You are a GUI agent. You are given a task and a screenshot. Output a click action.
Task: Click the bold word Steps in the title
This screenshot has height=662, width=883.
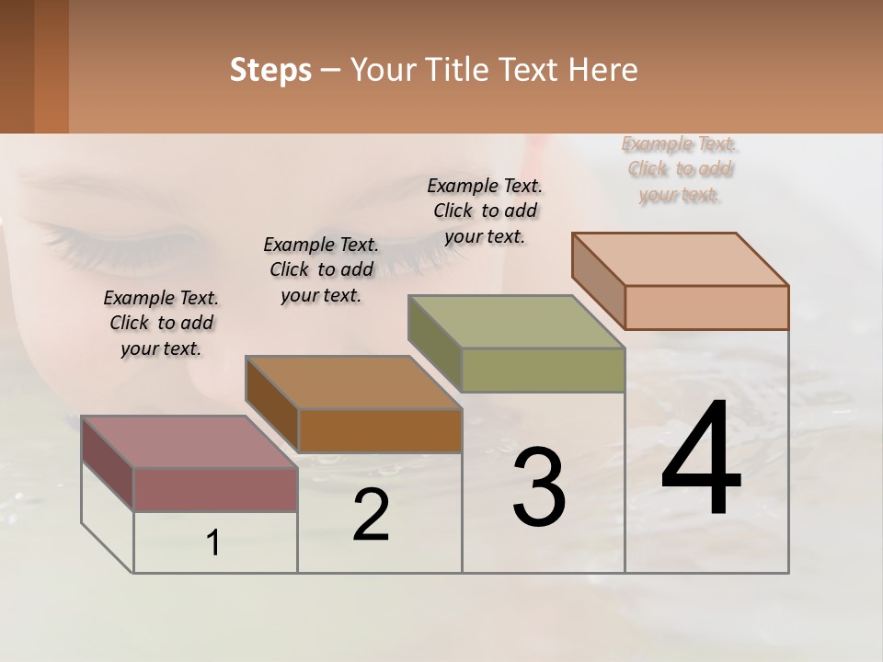[270, 70]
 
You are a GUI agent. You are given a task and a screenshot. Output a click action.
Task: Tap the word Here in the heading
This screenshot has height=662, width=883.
[603, 70]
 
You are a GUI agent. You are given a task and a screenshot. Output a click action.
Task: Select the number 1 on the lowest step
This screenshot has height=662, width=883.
[213, 543]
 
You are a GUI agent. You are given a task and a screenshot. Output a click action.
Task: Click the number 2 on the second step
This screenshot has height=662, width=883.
[371, 515]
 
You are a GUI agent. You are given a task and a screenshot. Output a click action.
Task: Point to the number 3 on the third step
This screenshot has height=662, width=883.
[539, 487]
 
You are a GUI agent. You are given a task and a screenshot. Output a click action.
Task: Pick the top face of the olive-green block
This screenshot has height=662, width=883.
[517, 322]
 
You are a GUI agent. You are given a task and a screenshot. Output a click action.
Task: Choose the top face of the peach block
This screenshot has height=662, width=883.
[681, 258]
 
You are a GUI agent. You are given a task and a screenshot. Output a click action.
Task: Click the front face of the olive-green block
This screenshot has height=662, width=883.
[543, 371]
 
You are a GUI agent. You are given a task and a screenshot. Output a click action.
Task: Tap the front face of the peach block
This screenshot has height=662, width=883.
[706, 307]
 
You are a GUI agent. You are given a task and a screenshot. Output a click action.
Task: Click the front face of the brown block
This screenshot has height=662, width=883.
[380, 430]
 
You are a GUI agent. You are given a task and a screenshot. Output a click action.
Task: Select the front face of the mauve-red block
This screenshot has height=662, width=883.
[215, 489]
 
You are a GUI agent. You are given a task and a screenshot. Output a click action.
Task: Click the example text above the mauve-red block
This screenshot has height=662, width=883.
[161, 323]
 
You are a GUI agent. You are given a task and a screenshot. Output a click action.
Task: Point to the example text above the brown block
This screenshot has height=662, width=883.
[321, 269]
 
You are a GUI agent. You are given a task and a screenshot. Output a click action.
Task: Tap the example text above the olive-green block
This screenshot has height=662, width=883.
[485, 211]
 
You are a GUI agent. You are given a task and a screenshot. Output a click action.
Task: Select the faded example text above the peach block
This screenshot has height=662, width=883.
[680, 169]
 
